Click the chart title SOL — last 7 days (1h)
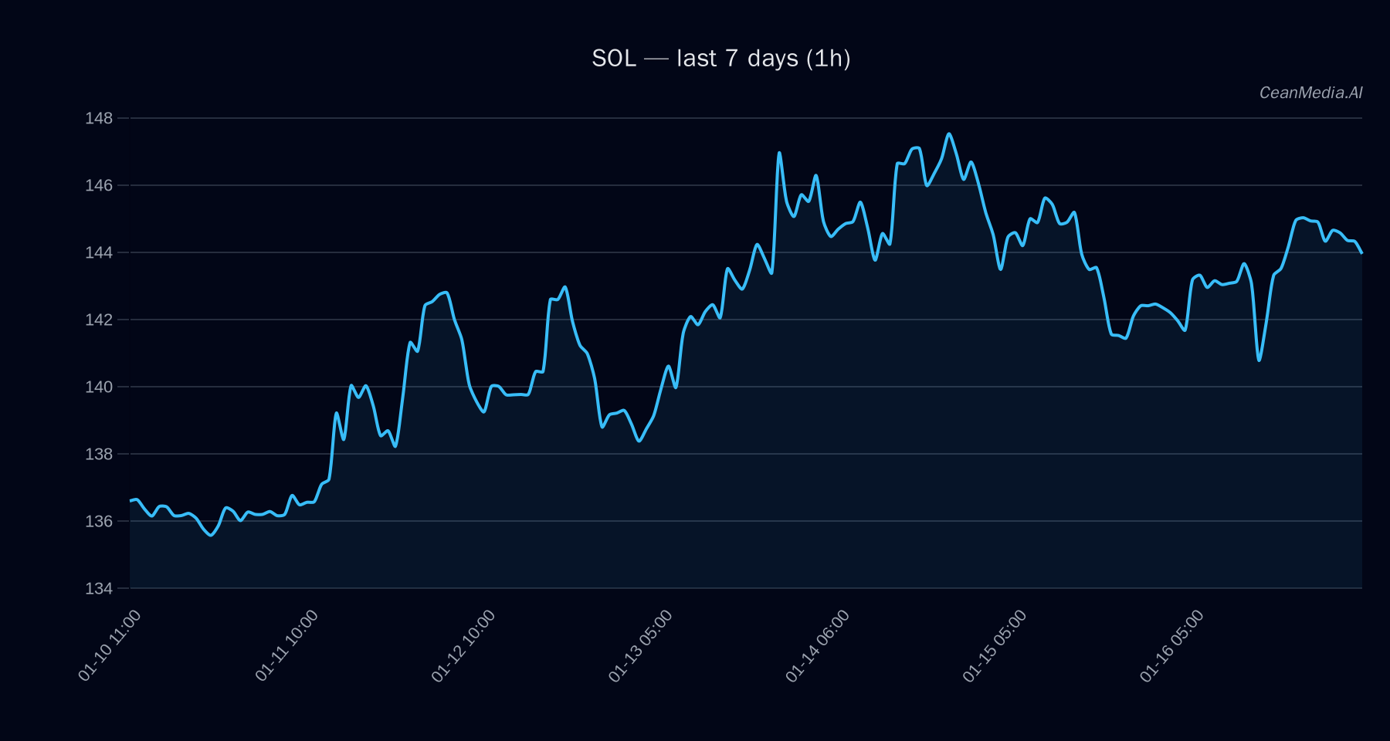(720, 59)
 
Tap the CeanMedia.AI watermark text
(1310, 93)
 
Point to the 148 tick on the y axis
(99, 118)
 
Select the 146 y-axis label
(99, 185)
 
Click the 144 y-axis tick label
(99, 252)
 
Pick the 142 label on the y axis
(99, 320)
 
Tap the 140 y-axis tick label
(99, 387)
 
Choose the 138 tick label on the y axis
(99, 454)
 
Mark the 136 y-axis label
(99, 521)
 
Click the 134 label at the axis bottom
(99, 588)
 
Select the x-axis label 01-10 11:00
(110, 645)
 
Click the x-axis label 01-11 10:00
(286, 645)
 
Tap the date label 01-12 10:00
(463, 645)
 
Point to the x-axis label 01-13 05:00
(640, 645)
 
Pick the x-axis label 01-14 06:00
(817, 645)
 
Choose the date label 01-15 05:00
(995, 645)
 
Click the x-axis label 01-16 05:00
(1171, 645)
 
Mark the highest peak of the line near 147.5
(949, 134)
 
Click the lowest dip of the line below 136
(211, 535)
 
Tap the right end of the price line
(1361, 252)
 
